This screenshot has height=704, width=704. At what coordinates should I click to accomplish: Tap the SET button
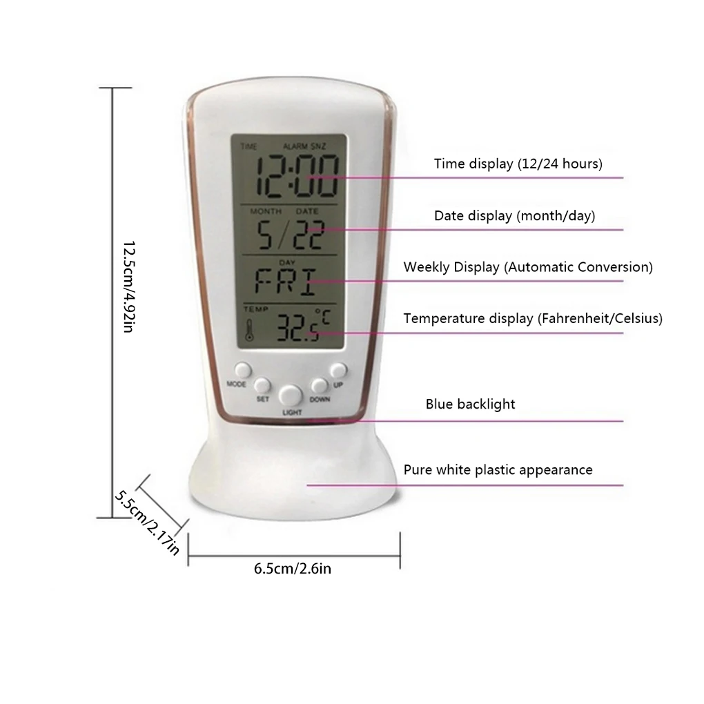[262, 385]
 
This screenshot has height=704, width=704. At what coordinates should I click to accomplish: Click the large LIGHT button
[290, 395]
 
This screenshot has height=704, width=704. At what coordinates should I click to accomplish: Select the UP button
[338, 371]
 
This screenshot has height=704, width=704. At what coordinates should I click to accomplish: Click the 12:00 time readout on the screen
[297, 176]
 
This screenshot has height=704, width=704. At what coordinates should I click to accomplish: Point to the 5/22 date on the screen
[290, 235]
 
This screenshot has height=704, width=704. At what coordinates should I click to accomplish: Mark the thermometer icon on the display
[249, 330]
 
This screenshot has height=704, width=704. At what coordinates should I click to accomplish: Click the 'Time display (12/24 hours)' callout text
[518, 164]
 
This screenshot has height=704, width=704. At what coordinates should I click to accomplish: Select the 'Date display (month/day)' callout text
[514, 216]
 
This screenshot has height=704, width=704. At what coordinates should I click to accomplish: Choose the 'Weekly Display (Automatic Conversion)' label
[528, 267]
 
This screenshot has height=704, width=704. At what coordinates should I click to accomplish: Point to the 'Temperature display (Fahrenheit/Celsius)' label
[533, 319]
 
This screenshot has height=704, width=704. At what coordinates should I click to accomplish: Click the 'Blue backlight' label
[470, 404]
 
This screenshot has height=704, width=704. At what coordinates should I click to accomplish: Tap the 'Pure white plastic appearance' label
[498, 470]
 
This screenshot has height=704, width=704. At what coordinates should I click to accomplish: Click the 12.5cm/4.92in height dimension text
[129, 287]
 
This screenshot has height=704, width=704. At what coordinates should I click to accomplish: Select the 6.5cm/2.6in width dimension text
[293, 569]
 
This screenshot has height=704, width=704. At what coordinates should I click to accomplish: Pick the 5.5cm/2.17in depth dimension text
[147, 522]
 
